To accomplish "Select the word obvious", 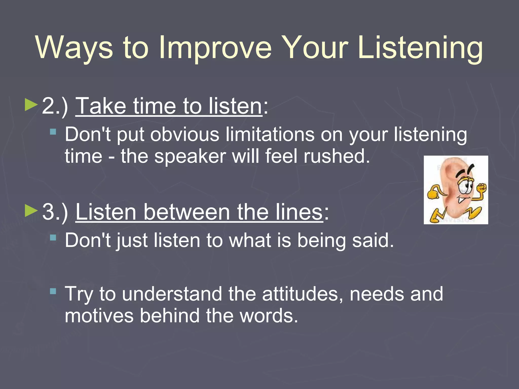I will [x=184, y=134].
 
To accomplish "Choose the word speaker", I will [x=190, y=157].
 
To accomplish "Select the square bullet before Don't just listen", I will [x=53, y=238].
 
